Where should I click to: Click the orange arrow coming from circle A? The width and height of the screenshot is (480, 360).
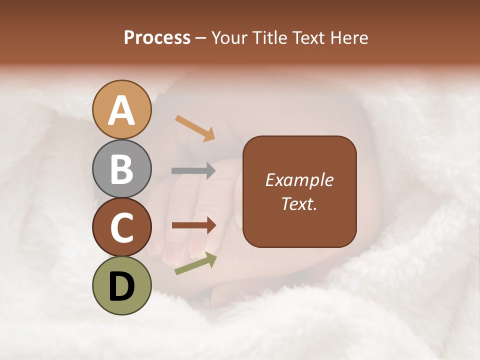point(195,128)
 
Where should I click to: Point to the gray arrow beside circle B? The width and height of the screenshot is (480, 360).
point(194,171)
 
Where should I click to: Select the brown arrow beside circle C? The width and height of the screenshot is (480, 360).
point(194,225)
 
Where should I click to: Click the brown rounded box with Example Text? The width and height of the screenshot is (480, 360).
point(299,191)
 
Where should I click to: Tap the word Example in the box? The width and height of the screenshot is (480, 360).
point(299,180)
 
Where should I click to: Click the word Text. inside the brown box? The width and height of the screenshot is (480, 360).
point(299,203)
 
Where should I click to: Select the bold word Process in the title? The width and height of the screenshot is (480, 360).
point(157,37)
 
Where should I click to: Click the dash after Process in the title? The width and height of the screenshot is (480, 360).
point(201,38)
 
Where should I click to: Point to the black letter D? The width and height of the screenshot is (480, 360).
point(122,287)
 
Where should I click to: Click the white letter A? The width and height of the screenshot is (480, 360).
point(122,110)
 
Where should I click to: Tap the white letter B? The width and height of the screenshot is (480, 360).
point(122,169)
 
